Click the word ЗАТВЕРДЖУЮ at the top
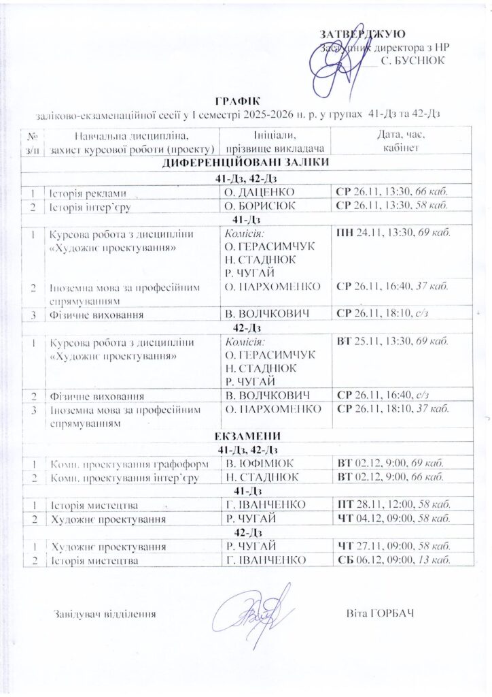pyautogui.click(x=363, y=34)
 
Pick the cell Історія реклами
pyautogui.click(x=88, y=193)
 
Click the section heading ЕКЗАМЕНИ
pyautogui.click(x=245, y=436)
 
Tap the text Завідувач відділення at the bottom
pyautogui.click(x=105, y=614)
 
